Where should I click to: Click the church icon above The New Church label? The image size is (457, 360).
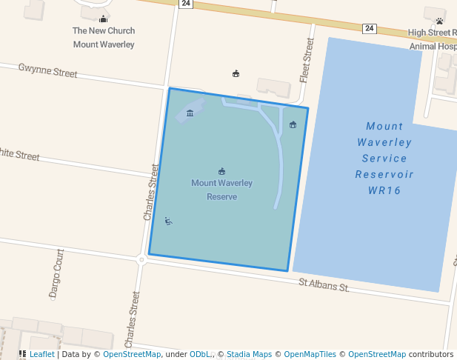[103, 19]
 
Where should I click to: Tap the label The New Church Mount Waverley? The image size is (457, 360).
[104, 38]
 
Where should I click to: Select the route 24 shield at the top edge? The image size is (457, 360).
[186, 4]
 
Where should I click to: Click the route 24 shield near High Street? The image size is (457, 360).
[369, 28]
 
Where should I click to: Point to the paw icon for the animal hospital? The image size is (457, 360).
[439, 21]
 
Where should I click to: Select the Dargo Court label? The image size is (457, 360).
[57, 273]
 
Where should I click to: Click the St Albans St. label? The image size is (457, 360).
[324, 284]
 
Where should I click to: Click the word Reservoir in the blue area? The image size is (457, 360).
[384, 175]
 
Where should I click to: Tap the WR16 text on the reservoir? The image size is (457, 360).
[384, 190]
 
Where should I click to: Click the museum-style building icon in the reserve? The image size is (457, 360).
[190, 113]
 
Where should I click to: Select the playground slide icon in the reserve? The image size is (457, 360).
[169, 220]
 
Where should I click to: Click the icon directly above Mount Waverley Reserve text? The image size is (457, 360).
[222, 172]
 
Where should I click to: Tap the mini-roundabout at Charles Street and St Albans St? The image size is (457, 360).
[141, 259]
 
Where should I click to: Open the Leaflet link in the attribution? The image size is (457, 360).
[41, 354]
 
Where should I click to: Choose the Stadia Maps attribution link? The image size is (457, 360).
[249, 354]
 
